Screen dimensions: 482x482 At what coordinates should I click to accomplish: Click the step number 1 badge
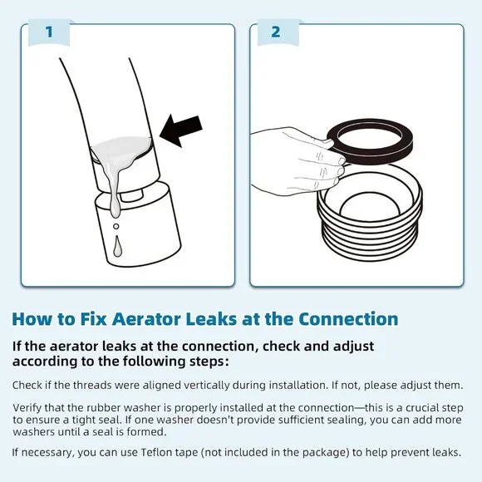[x=49, y=32]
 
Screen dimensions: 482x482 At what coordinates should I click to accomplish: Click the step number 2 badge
[x=275, y=32]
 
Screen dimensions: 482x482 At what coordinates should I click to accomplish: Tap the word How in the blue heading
[x=30, y=320]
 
